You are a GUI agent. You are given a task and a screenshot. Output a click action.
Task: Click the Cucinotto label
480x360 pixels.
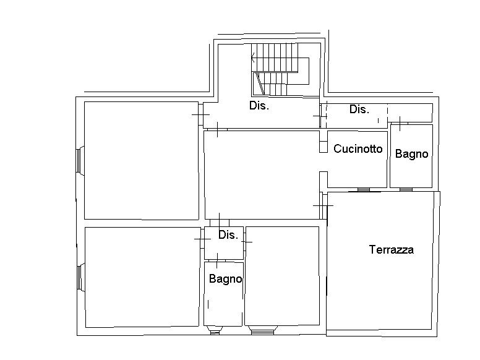click(x=358, y=149)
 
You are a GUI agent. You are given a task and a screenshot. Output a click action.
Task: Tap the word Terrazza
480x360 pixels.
click(x=391, y=249)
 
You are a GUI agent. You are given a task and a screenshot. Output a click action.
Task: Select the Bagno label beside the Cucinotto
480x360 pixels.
click(x=411, y=154)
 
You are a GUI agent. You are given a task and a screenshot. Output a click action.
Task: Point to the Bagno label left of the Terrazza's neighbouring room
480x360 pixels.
click(x=226, y=279)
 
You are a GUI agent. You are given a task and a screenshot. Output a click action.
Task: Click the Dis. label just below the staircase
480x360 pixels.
click(x=259, y=106)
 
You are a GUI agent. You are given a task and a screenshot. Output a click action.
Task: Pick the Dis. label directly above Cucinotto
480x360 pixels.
click(x=359, y=109)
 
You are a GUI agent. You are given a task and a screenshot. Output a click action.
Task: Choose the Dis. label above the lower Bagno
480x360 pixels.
click(x=228, y=235)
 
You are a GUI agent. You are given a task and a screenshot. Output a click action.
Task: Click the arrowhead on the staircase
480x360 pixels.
click(x=253, y=58)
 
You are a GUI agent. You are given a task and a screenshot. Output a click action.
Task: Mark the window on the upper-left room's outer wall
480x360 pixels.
click(x=80, y=161)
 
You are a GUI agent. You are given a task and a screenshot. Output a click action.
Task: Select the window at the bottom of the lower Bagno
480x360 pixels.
click(x=215, y=330)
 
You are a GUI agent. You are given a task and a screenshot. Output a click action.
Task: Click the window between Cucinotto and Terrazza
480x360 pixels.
click(x=363, y=190)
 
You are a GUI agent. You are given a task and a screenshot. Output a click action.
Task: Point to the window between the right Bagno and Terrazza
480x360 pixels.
click(x=406, y=190)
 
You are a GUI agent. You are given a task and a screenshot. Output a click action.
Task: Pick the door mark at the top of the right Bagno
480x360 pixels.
click(x=400, y=123)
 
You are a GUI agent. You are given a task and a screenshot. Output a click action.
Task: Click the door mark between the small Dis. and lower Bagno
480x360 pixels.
click(x=217, y=260)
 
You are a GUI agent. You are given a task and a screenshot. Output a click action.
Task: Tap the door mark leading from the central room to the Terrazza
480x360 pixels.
click(x=323, y=205)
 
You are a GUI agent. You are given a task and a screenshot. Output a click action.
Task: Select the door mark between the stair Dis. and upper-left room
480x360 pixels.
click(x=201, y=114)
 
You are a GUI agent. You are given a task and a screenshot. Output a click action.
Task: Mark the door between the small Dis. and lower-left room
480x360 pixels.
click(x=203, y=239)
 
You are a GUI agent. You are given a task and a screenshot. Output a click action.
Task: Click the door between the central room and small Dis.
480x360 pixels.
click(x=220, y=223)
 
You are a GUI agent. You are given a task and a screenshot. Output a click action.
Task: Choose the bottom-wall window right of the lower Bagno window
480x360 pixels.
click(x=262, y=330)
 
